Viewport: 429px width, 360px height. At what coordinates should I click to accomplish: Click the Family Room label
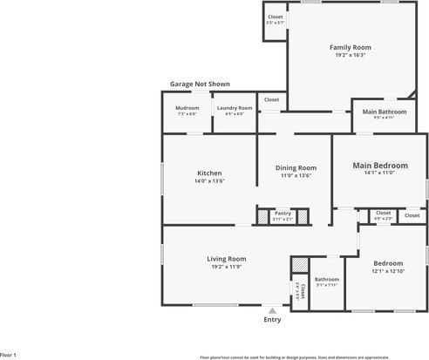(350, 47)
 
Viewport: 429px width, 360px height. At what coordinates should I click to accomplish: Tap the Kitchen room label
(209, 173)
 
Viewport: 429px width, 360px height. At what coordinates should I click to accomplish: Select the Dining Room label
(296, 167)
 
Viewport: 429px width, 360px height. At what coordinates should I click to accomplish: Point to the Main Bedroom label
(379, 165)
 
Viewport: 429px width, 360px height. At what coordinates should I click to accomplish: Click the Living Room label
(227, 258)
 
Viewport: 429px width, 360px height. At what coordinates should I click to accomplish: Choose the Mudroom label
(187, 108)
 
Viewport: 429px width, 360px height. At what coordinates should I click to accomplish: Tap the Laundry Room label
(235, 108)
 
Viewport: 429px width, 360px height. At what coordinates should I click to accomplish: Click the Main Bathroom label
(385, 112)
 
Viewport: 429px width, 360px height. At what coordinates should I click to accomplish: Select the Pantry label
(283, 213)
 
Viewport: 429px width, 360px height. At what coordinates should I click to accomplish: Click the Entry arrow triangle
(273, 309)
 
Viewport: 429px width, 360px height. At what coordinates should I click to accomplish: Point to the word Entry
(273, 320)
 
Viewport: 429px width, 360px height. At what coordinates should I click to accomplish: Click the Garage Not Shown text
(201, 84)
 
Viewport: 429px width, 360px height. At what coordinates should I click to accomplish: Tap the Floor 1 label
(9, 356)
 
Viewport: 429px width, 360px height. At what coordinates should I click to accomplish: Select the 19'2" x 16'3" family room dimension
(350, 55)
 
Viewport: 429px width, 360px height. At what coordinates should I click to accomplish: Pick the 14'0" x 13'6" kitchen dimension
(209, 181)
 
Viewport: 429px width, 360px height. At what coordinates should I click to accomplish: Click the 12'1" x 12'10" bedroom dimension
(388, 271)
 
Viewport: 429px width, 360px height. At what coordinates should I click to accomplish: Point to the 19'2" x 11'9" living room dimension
(227, 267)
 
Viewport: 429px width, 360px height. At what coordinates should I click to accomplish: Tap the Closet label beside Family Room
(276, 17)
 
